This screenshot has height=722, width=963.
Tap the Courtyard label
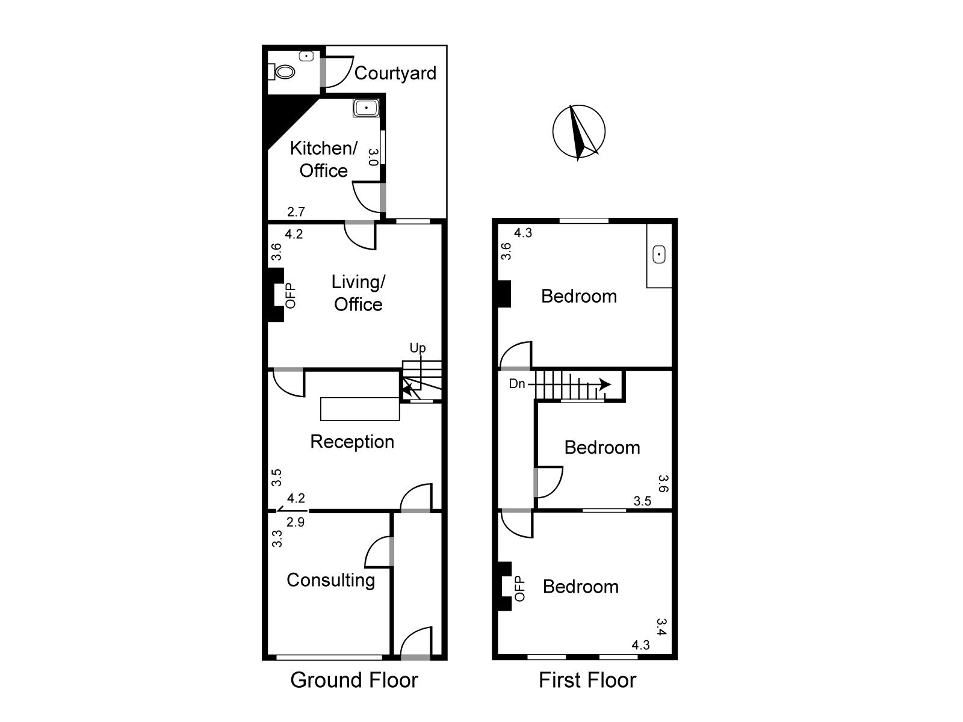coord(395,73)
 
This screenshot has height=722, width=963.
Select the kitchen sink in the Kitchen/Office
coord(366,108)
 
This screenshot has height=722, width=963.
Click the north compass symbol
coord(578,132)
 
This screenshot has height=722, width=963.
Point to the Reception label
coord(352,442)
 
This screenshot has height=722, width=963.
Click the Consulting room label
coord(331,580)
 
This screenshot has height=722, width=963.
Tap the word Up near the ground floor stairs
coord(417,348)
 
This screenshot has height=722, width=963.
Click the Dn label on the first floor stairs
coord(517,384)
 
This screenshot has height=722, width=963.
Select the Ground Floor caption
coord(354,680)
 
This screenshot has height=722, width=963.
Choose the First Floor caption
coord(587,680)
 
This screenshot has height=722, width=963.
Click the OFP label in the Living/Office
coord(291,296)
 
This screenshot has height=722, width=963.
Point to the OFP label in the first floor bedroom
coord(519,589)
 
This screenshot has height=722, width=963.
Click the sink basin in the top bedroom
coord(659,255)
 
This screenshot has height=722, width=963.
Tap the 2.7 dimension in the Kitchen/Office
coord(296,212)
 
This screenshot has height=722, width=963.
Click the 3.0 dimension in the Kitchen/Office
coord(373,157)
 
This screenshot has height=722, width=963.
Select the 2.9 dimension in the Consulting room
coord(296,522)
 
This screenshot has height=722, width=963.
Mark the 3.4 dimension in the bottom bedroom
coord(661,627)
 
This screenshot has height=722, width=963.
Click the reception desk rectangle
coord(360,409)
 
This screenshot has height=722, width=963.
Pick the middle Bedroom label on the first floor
coord(602,448)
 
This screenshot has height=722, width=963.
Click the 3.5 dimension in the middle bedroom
coord(642,501)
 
